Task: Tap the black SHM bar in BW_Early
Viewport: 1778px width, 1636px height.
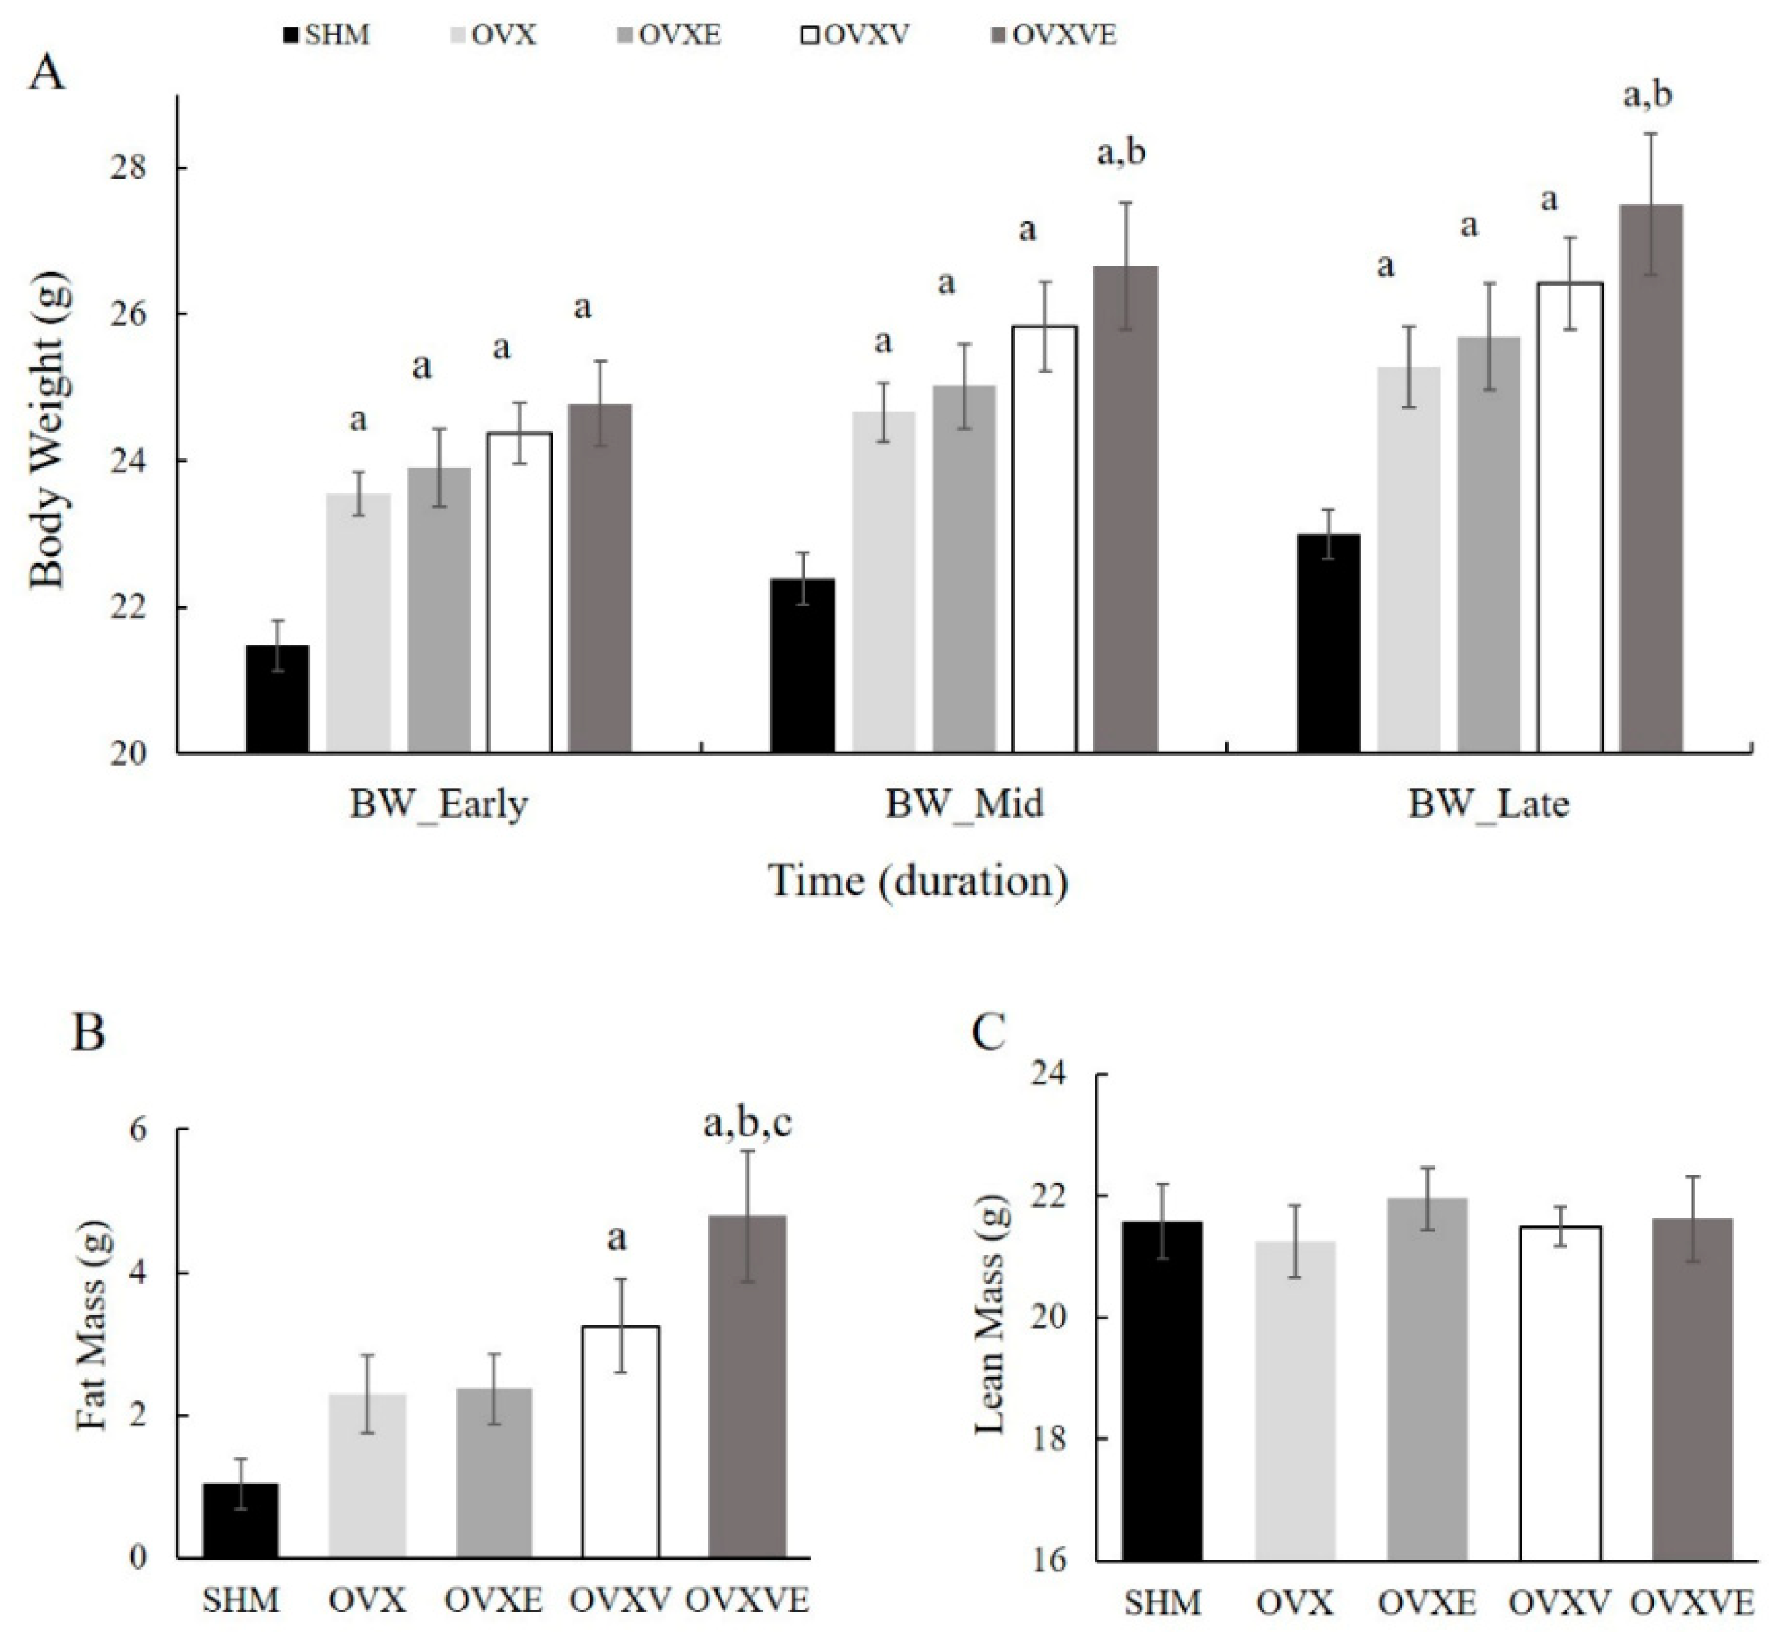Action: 277,698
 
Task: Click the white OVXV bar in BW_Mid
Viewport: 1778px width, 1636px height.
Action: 1045,540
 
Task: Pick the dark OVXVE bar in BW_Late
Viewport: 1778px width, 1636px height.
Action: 1652,478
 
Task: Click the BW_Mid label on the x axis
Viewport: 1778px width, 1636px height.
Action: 965,804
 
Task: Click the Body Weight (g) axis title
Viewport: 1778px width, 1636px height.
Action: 49,429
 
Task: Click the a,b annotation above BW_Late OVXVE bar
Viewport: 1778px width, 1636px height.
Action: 1648,94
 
